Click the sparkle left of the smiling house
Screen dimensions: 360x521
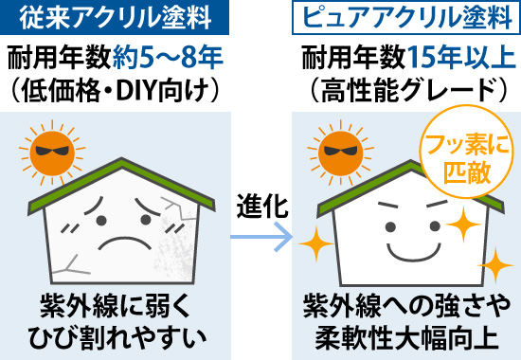point(312,248)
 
